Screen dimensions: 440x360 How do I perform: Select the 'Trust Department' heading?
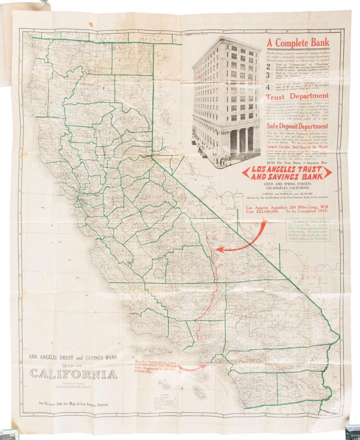point(297,95)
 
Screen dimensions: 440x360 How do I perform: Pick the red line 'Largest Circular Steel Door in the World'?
point(298,147)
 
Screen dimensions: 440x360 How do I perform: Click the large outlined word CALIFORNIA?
point(73,374)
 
